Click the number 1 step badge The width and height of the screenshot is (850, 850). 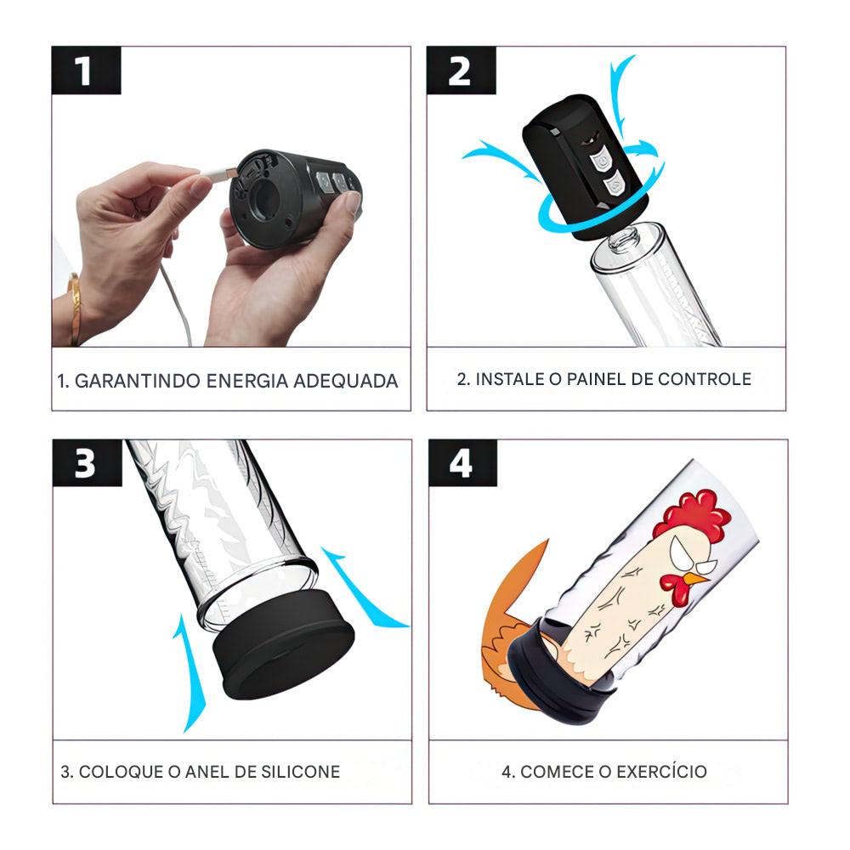coord(86,71)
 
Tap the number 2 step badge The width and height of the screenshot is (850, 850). coord(462,71)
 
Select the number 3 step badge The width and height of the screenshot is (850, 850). coord(88,463)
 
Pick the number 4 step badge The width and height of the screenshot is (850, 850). coord(463,463)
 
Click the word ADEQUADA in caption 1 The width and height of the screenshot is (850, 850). coord(346,381)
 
